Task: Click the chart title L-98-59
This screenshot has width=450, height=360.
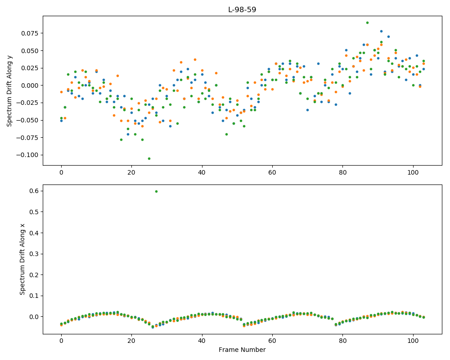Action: [x=242, y=10]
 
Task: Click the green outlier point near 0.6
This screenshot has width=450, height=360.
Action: [x=156, y=192]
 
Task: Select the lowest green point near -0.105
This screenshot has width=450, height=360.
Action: [x=149, y=158]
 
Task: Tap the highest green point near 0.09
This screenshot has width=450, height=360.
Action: [x=367, y=22]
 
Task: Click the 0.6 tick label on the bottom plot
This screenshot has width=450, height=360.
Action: [x=35, y=191]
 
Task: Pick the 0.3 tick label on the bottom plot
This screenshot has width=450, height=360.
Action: [x=35, y=254]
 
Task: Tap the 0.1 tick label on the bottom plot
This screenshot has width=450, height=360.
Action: [x=35, y=296]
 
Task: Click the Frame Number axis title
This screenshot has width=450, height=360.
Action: [x=242, y=350]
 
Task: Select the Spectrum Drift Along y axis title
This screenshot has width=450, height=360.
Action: [x=9, y=91]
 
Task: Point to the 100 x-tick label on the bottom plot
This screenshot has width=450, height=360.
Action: [x=413, y=341]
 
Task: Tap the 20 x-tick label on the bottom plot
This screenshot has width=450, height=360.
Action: [x=131, y=341]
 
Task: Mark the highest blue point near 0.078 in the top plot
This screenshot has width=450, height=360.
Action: [x=382, y=31]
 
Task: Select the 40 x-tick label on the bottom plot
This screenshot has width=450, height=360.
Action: [x=202, y=341]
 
